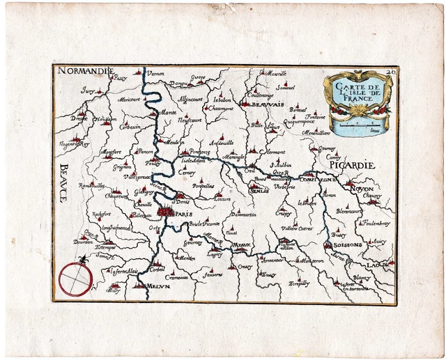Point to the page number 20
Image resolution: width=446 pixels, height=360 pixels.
tap(390, 71)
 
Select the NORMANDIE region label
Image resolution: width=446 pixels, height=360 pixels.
tap(85, 71)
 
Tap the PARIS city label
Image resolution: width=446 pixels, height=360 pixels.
tap(184, 214)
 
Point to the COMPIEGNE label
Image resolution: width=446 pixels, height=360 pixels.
tap(318, 179)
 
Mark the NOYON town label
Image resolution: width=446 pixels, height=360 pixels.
tap(362, 189)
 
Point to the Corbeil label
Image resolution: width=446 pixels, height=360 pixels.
tap(157, 268)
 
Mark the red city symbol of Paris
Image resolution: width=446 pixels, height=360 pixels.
tap(166, 210)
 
